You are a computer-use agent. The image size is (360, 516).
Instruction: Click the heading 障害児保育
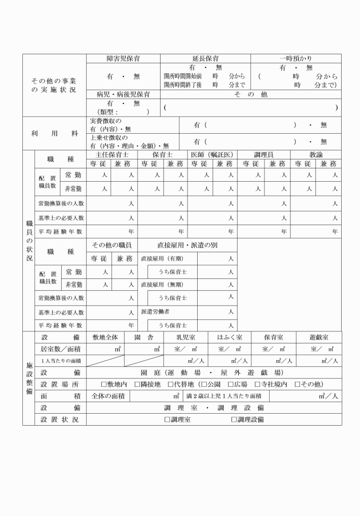tap(123, 58)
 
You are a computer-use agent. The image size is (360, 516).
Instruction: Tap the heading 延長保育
tap(206, 58)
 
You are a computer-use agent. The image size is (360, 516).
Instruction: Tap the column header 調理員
tap(263, 154)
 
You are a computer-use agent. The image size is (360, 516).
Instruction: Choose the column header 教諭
tap(316, 154)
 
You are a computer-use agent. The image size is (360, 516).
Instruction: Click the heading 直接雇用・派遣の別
tap(189, 245)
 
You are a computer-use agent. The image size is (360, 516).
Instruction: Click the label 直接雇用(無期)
tap(162, 284)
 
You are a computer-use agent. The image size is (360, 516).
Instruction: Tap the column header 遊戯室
tap(318, 337)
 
